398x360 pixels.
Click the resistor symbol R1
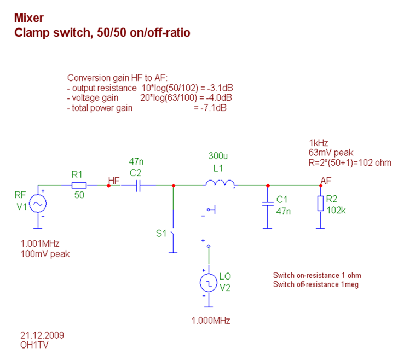79,185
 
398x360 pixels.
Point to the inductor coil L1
220,184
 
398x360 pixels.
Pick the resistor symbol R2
320,204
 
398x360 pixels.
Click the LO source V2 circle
209,282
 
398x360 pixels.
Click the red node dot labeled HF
108,185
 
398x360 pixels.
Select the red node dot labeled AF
321,185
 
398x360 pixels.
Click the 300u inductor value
217,155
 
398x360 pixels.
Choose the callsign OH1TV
33,345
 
